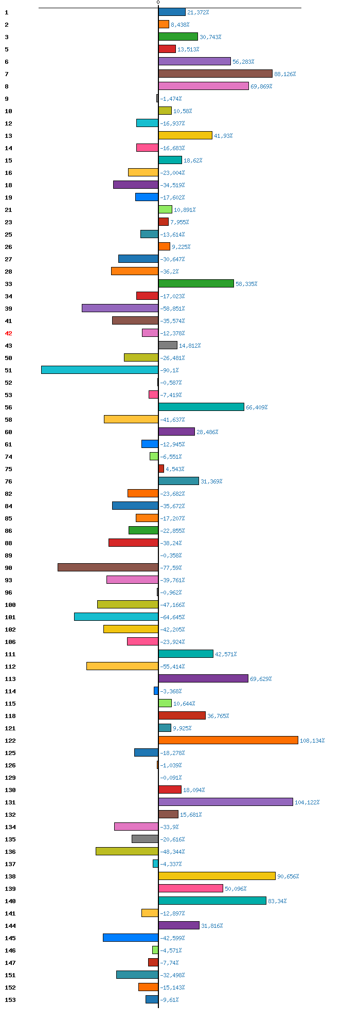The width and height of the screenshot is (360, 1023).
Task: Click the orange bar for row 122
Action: (x=228, y=740)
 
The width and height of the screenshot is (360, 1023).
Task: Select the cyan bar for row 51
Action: (x=100, y=370)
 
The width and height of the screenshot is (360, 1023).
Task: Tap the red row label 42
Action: (x=8, y=333)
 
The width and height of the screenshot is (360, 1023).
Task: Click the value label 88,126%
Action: (x=285, y=74)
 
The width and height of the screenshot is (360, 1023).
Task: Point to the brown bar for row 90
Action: (x=108, y=567)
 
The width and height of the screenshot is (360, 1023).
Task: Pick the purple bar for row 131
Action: (x=225, y=802)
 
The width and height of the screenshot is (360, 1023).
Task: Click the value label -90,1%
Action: (x=169, y=370)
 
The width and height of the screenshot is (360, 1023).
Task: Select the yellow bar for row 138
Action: (x=217, y=876)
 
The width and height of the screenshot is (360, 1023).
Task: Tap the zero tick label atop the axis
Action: (x=158, y=3)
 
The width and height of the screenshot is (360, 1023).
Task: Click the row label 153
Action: (x=10, y=1000)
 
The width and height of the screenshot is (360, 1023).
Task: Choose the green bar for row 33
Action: (x=196, y=283)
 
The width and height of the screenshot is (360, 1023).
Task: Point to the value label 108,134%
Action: (x=312, y=741)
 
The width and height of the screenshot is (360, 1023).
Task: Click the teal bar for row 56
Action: (x=201, y=407)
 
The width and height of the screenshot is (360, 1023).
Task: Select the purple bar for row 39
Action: (x=120, y=308)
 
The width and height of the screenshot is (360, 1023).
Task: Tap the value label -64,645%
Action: (x=172, y=617)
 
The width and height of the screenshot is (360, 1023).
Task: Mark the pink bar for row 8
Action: (x=203, y=86)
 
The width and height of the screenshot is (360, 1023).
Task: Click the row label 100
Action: (x=10, y=605)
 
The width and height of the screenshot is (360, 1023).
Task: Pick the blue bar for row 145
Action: (x=131, y=938)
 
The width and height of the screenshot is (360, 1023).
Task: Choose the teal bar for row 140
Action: (x=212, y=901)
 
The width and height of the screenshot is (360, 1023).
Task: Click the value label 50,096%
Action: (x=236, y=889)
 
